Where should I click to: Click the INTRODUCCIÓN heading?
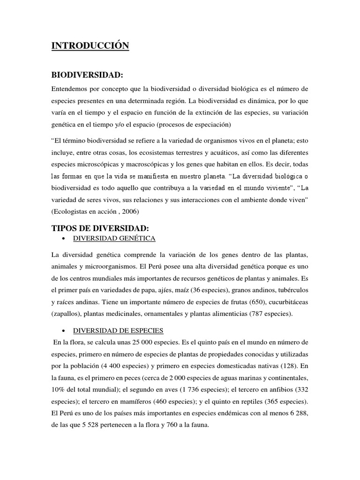pos(90,45)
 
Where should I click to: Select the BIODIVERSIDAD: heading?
pos(87,75)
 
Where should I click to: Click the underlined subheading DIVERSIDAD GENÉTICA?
pos(113,239)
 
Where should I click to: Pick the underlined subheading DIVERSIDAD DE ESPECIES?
pos(118,330)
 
